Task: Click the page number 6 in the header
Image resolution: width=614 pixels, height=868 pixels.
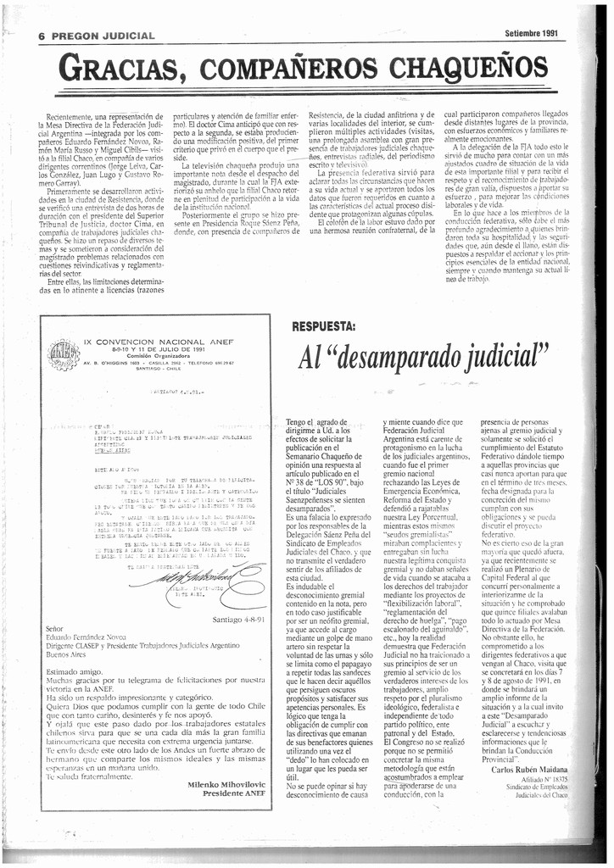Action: [42, 36]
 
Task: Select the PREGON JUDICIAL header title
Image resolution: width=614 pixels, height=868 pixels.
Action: [103, 36]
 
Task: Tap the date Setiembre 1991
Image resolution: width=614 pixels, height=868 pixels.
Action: [531, 34]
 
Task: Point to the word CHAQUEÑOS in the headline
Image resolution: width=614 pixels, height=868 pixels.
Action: [483, 65]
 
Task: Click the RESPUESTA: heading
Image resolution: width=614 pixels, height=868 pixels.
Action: [323, 325]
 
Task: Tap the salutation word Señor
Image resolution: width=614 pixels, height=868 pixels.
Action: [54, 630]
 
